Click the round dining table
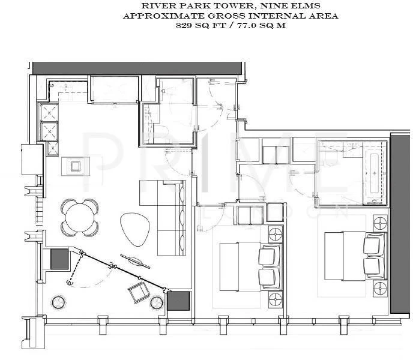point(80,218)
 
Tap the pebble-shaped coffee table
point(135,229)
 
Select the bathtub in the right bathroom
point(375,173)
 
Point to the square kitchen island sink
point(75,166)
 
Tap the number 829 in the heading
point(183,26)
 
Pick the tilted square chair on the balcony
point(139,292)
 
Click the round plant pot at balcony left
point(58,302)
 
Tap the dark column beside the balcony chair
point(178,301)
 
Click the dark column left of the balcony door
point(59,259)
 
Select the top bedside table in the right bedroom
point(380,223)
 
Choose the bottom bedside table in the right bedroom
point(380,288)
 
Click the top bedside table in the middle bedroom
point(276,233)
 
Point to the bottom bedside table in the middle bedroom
point(276,299)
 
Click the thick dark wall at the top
point(137,68)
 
